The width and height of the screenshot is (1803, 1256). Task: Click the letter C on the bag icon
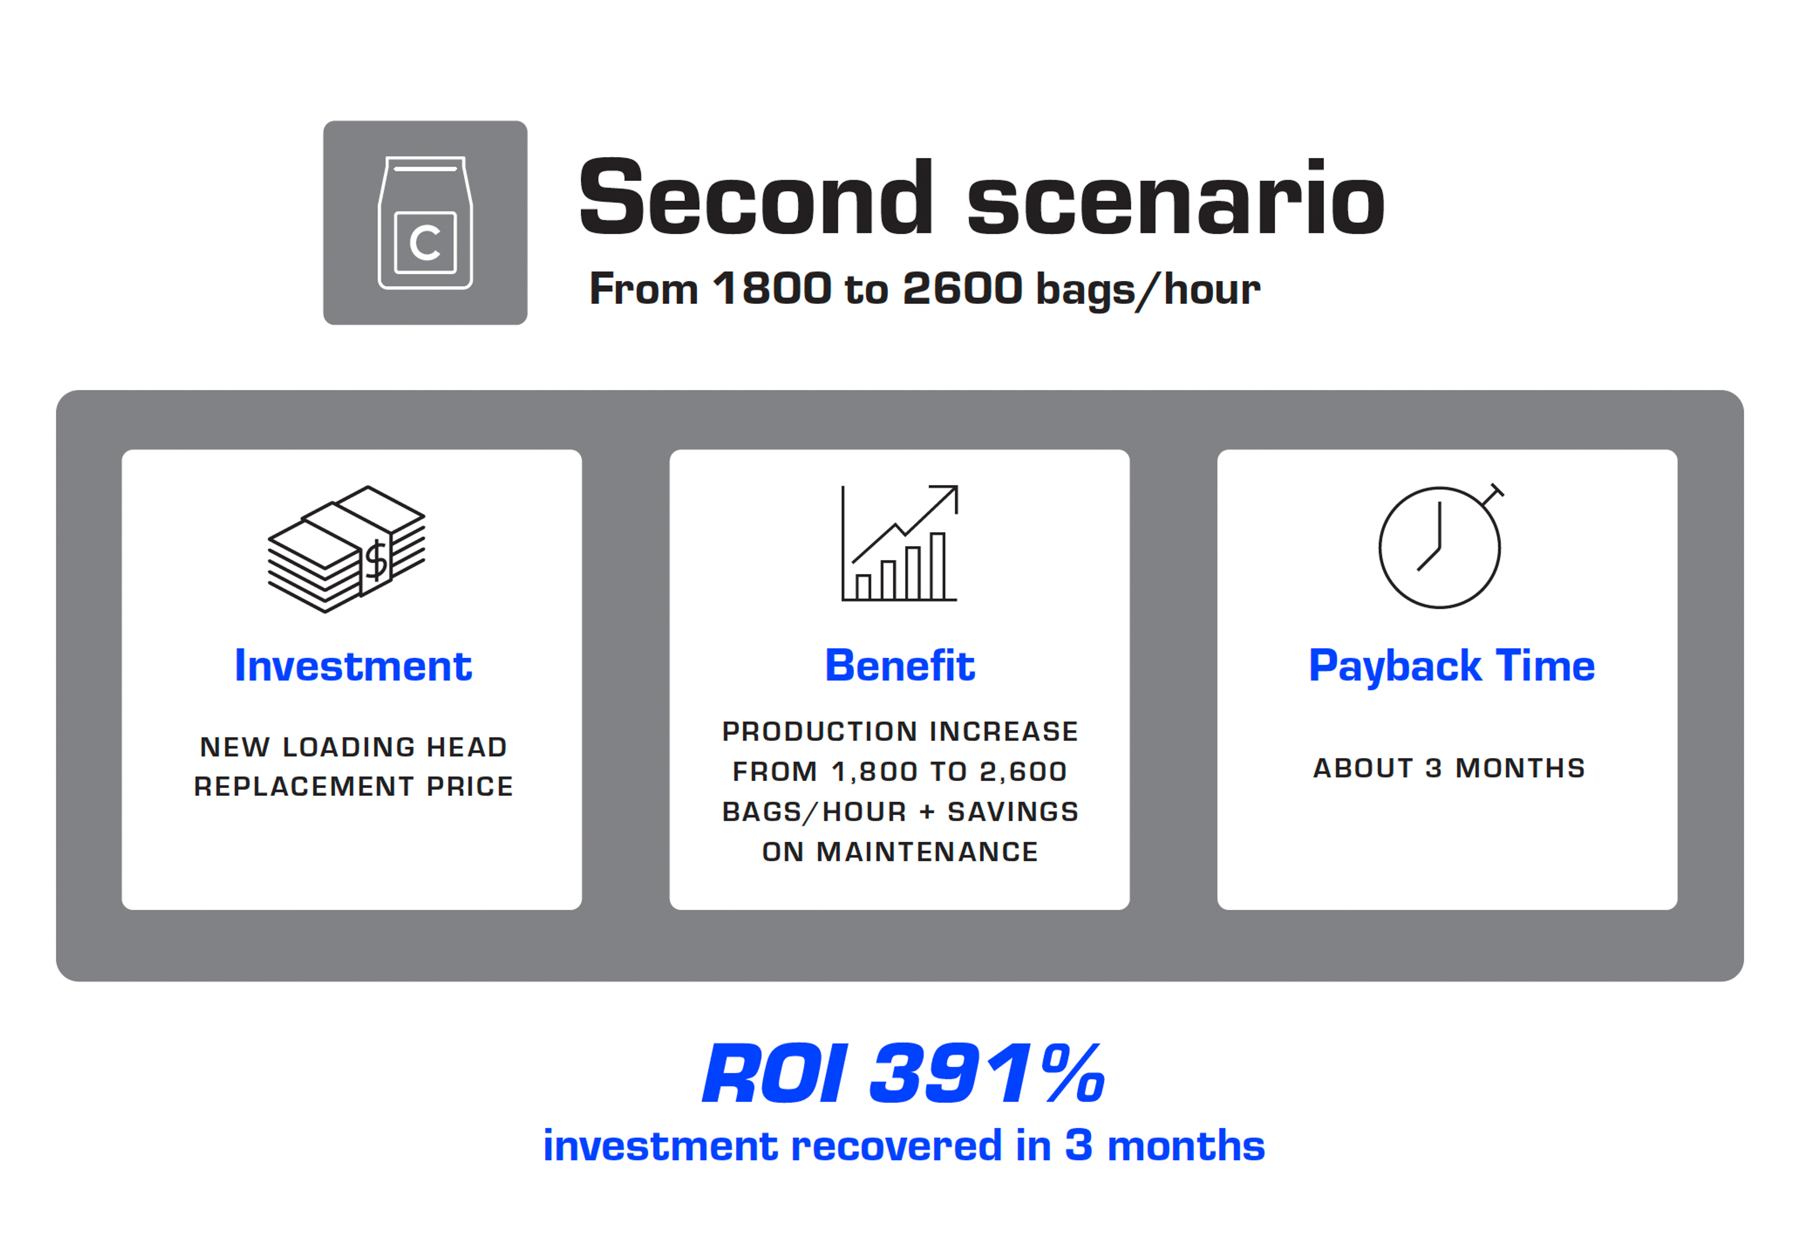coord(425,243)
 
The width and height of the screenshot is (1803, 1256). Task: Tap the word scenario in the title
coord(1176,197)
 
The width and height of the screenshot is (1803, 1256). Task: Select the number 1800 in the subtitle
coord(772,288)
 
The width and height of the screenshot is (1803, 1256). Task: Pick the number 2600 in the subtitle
coord(963,288)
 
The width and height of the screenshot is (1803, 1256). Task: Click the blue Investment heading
coord(353,666)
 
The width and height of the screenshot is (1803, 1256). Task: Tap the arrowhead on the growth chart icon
coord(948,495)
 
